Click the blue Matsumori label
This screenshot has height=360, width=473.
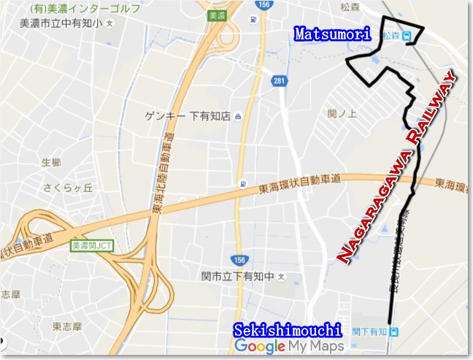(x=332, y=34)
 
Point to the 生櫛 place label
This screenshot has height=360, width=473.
(x=51, y=161)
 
